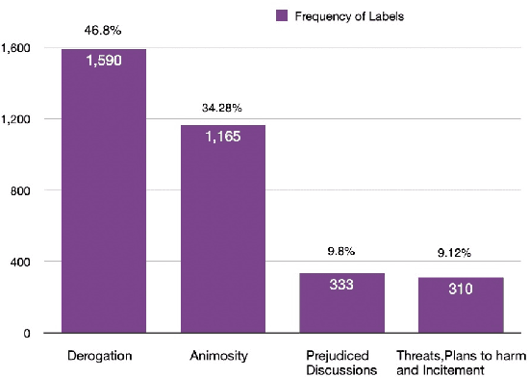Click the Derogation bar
point(104,192)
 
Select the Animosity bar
point(222,231)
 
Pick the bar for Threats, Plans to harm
point(461,308)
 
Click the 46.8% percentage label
point(103,31)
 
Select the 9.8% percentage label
point(341,252)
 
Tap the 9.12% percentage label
point(461,255)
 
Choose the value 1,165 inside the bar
point(222,138)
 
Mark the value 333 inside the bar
point(341,285)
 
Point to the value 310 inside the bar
point(461,288)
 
